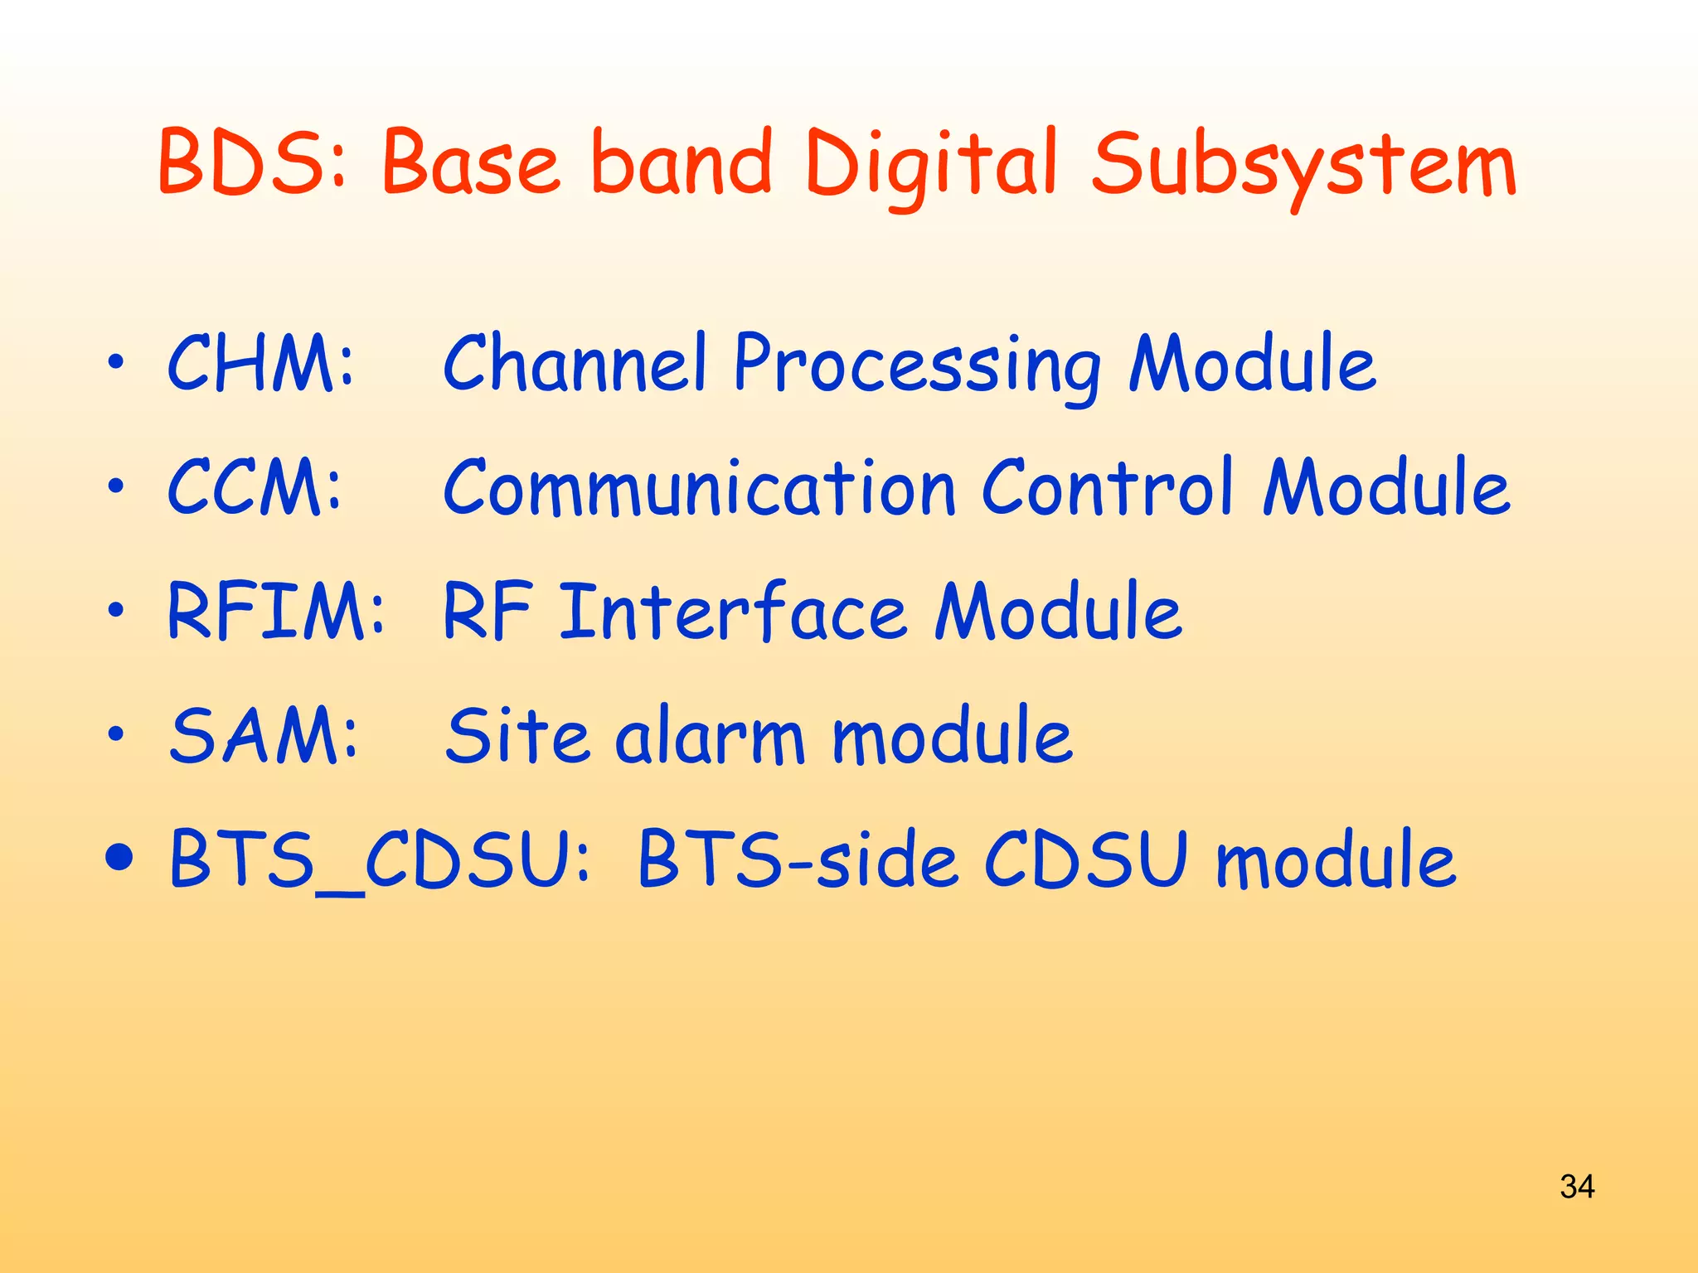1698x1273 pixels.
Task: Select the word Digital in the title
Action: (930, 166)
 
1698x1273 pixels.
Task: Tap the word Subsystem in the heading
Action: (1303, 166)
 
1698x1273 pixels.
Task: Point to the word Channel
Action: (575, 363)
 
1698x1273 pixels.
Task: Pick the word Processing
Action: (917, 366)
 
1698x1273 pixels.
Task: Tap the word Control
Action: (1108, 487)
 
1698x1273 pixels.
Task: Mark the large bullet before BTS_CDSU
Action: (119, 859)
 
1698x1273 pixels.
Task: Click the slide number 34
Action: (1576, 1187)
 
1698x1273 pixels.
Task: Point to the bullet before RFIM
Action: (116, 611)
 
